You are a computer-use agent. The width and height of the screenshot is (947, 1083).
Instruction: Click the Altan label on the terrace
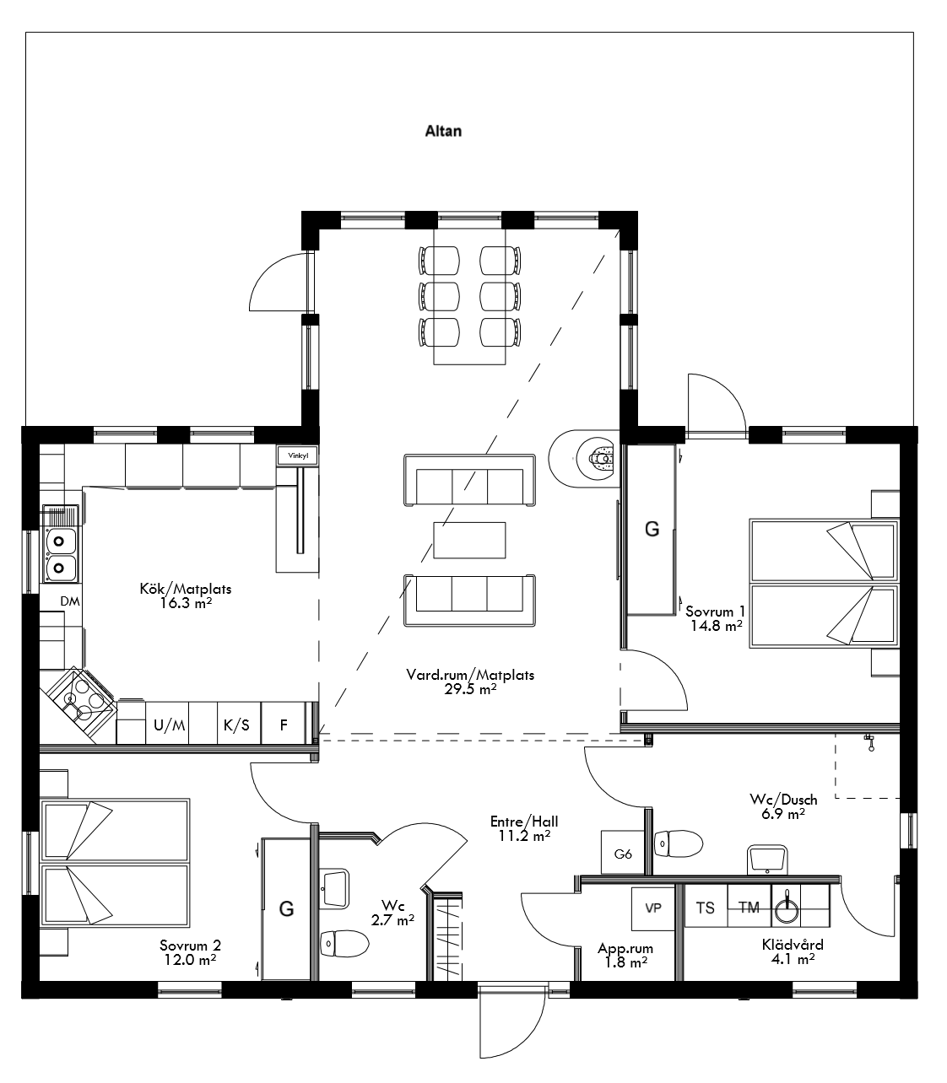[x=443, y=132]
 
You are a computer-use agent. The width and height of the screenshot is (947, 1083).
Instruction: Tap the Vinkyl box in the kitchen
[x=298, y=455]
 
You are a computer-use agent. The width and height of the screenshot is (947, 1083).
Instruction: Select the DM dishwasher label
[x=70, y=601]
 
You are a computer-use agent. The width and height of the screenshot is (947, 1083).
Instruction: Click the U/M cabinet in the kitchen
[x=169, y=725]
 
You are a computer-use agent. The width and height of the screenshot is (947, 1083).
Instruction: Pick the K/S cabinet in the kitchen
[x=236, y=725]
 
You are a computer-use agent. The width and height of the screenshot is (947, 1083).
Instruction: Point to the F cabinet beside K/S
[x=284, y=725]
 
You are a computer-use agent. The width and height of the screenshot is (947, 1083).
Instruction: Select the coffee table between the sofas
[x=470, y=541]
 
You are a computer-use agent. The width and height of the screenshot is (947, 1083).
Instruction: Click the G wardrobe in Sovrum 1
[x=651, y=530]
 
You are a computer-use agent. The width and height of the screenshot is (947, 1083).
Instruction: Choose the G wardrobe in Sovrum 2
[x=287, y=908]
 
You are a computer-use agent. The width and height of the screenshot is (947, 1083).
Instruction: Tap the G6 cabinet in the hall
[x=623, y=854]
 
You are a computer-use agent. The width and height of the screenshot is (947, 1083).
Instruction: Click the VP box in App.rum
[x=653, y=908]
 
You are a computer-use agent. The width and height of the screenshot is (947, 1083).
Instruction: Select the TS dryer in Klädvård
[x=705, y=908]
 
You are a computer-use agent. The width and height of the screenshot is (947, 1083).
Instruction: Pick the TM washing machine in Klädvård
[x=749, y=908]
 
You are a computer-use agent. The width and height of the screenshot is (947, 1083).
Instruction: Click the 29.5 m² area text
[x=470, y=688]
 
